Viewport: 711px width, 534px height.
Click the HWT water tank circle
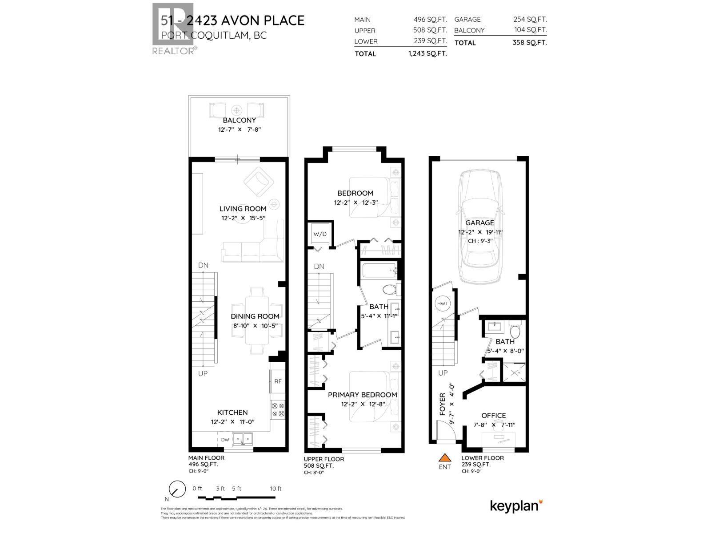tap(443, 303)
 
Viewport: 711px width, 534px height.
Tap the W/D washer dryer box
tap(320, 234)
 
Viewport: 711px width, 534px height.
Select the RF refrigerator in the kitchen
tap(278, 381)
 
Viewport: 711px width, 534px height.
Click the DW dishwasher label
tap(225, 440)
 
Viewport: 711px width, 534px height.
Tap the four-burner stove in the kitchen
tap(278, 409)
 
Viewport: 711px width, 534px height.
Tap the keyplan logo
tap(516, 506)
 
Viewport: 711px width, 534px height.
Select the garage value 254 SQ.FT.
tap(530, 20)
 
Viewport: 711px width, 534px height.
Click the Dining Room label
tap(255, 316)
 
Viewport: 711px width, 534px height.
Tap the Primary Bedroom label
tap(362, 395)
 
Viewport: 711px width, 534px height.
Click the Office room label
tap(493, 416)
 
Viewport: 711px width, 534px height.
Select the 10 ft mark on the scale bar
tap(276, 489)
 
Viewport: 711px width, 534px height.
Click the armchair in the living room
tap(258, 181)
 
